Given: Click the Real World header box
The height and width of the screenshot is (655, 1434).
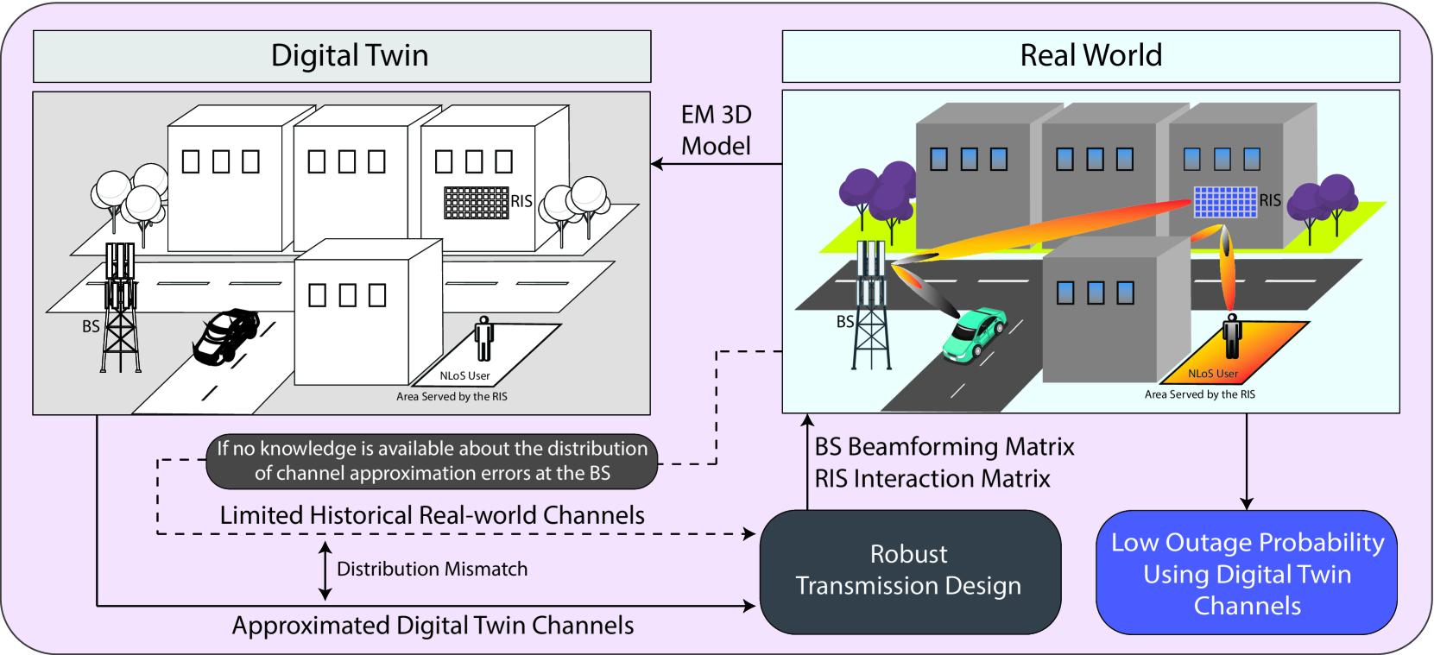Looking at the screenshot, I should pyautogui.click(x=1090, y=56).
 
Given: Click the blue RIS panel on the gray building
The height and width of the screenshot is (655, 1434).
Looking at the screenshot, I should pyautogui.click(x=1225, y=202).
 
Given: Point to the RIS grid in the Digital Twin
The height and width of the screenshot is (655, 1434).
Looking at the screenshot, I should pyautogui.click(x=476, y=203).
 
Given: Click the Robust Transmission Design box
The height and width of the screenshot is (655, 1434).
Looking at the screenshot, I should pyautogui.click(x=909, y=570).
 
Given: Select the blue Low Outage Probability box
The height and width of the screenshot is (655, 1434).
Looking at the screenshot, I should pyautogui.click(x=1247, y=573).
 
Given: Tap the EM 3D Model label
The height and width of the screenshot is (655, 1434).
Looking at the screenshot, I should pyautogui.click(x=716, y=130).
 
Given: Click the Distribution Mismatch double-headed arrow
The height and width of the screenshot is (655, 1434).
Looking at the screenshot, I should pyautogui.click(x=325, y=570).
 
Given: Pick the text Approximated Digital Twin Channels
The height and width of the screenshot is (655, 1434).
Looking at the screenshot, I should pyautogui.click(x=433, y=626).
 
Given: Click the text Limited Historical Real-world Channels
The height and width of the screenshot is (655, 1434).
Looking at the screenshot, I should pyautogui.click(x=432, y=515).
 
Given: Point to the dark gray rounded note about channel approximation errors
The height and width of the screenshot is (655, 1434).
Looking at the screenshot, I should pyautogui.click(x=432, y=461).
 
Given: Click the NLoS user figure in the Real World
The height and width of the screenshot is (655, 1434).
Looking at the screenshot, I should pyautogui.click(x=1232, y=336).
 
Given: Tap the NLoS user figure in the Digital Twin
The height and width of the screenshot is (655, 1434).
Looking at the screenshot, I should pyautogui.click(x=484, y=338).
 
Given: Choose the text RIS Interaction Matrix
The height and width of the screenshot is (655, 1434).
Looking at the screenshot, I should pyautogui.click(x=932, y=479).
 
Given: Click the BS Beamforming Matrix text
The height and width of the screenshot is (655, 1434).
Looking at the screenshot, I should pyautogui.click(x=944, y=447).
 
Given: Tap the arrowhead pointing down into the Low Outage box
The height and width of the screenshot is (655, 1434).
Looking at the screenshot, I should pyautogui.click(x=1246, y=503).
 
